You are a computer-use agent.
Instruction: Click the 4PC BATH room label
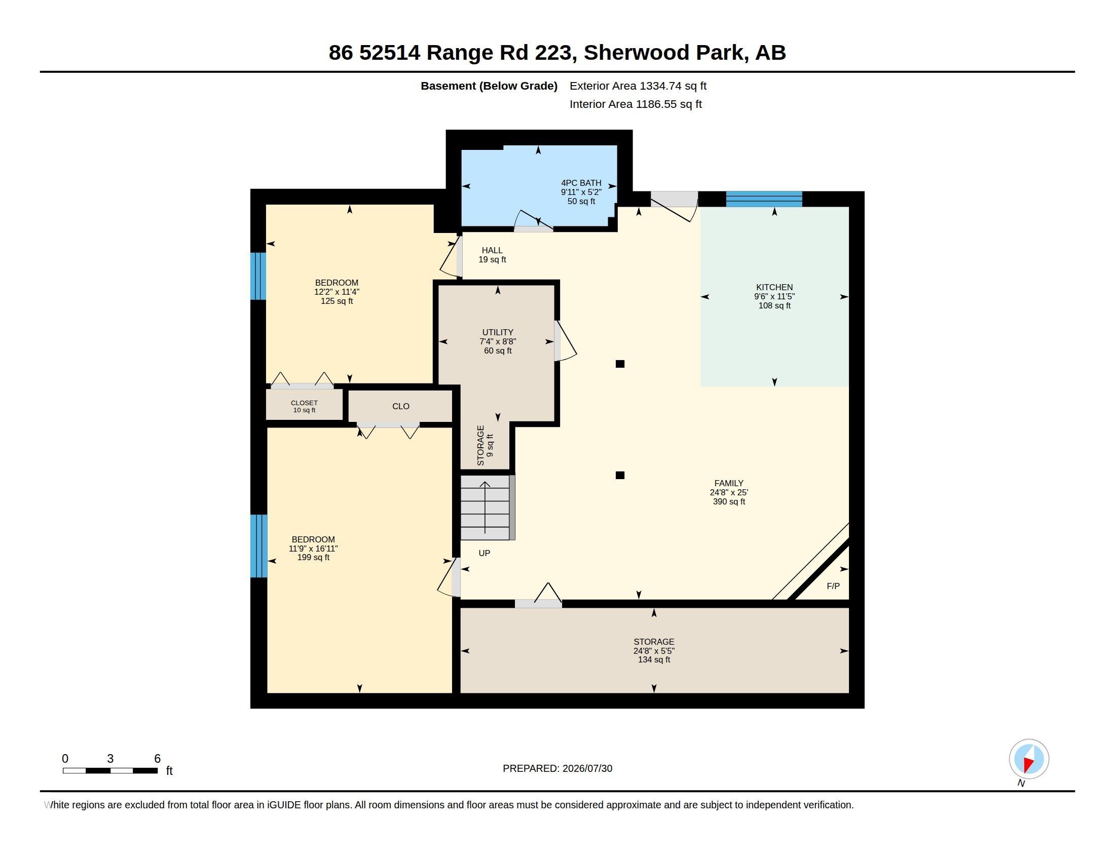581,183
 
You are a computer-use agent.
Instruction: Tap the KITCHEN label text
774,287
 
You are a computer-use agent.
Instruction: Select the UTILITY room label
497,332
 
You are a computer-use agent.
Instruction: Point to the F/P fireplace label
833,586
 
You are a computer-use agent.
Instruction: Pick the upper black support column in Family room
620,364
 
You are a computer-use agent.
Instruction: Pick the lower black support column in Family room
620,476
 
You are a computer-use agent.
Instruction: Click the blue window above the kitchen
764,199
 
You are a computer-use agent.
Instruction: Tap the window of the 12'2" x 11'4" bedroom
258,276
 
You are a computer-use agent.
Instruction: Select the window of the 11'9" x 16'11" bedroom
259,546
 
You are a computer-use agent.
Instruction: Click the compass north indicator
1029,759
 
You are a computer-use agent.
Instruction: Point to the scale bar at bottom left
110,770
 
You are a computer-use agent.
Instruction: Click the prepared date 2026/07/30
587,768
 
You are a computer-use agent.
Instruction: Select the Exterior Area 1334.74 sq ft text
638,86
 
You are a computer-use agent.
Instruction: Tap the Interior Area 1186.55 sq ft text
636,104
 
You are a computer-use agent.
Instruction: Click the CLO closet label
401,406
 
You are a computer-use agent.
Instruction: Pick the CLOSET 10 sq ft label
304,407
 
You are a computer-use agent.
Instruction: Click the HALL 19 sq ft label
492,255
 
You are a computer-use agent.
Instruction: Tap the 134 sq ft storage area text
654,659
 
